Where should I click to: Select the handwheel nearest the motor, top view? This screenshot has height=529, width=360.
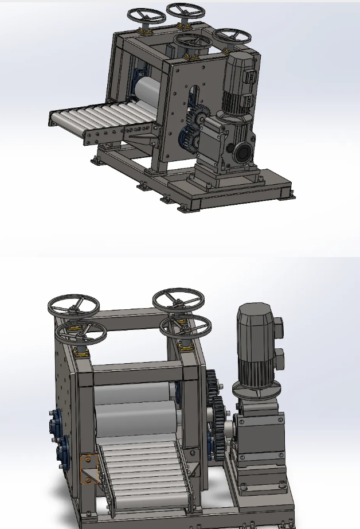[232, 35]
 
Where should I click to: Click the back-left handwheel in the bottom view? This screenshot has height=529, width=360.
[73, 304]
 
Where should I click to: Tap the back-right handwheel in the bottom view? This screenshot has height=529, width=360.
[178, 299]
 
